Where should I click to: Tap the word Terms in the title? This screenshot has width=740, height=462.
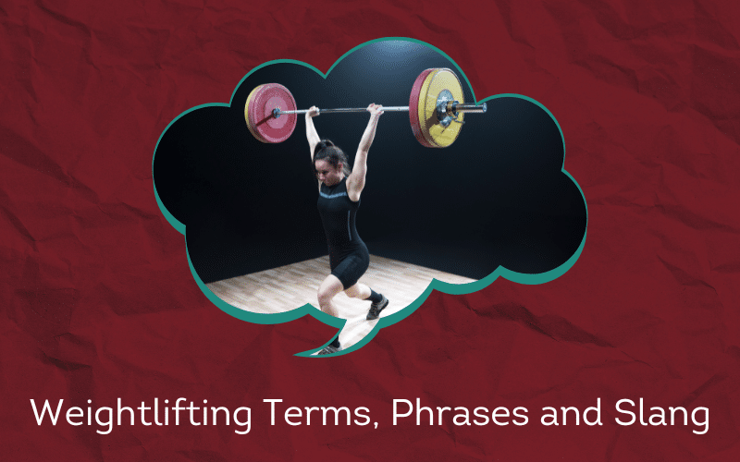coord(317,412)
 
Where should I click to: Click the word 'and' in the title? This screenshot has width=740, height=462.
coord(571,413)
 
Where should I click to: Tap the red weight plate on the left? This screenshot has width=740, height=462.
coord(271,113)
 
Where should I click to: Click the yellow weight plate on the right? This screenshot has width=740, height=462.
coord(438,107)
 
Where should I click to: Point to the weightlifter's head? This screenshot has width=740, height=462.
coord(330,163)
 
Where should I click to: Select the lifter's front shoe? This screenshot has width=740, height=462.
coord(377,307)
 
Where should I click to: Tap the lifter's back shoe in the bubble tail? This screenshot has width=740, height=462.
coord(329,349)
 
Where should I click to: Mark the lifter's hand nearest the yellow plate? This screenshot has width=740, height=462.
coord(376,109)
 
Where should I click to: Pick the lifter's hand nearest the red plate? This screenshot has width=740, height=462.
coord(313,111)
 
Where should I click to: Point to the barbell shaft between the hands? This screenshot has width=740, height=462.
coord(343,110)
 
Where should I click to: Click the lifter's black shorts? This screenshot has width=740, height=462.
coord(350,265)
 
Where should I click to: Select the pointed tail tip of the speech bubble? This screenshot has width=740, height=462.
coord(296,353)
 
